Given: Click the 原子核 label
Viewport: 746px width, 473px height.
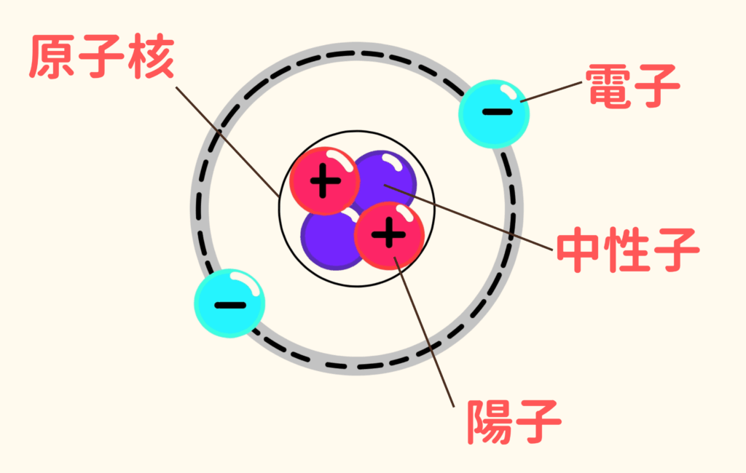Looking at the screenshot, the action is (x=102, y=56).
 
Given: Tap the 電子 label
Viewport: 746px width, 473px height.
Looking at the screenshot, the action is (x=633, y=86).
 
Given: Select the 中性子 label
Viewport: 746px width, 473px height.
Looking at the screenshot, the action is (x=628, y=250).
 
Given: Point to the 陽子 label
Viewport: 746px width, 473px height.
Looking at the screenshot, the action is (x=514, y=421).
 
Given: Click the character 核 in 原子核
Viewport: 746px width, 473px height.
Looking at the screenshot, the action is (x=152, y=56).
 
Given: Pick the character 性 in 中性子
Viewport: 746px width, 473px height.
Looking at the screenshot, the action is (x=628, y=250).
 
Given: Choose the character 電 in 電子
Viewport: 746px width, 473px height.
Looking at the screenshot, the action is (x=608, y=86).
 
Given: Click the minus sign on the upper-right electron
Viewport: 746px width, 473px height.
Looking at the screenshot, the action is (x=497, y=112).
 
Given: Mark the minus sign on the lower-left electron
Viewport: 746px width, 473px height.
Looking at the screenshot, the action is (x=230, y=305).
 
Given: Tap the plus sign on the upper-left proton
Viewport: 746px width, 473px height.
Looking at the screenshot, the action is (x=326, y=180).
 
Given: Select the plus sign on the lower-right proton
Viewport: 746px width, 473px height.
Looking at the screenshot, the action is (x=389, y=234).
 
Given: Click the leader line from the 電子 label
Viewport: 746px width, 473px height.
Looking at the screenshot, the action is (x=551, y=92).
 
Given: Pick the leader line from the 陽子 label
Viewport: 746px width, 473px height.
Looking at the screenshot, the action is (x=423, y=332).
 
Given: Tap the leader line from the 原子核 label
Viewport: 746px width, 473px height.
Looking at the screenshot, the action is (x=227, y=142).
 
